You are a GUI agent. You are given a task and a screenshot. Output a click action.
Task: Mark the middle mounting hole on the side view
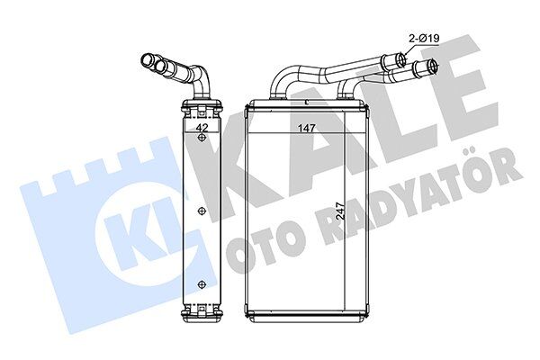pyautogui.click(x=202, y=212)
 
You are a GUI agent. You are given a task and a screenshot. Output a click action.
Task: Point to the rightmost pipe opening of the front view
pyautogui.click(x=435, y=66)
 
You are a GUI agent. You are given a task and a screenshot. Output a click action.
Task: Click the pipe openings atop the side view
pyautogui.click(x=155, y=62)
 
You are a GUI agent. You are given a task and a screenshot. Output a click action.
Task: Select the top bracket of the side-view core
pyautogui.click(x=202, y=107)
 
